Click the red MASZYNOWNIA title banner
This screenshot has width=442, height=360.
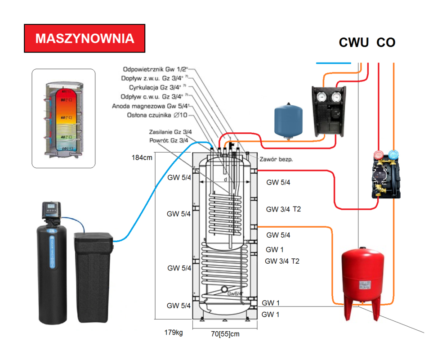85,38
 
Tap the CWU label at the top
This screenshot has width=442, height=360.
354,43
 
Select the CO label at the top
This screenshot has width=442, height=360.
386,43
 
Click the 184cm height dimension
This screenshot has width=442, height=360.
141,158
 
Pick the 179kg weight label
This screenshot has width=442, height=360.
173,333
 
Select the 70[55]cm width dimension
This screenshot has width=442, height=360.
225,334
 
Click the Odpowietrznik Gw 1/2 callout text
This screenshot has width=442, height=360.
154,69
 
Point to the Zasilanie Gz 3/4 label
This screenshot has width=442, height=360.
170,132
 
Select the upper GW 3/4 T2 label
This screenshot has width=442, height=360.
283,209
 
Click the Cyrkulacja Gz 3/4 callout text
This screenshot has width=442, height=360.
155,87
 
